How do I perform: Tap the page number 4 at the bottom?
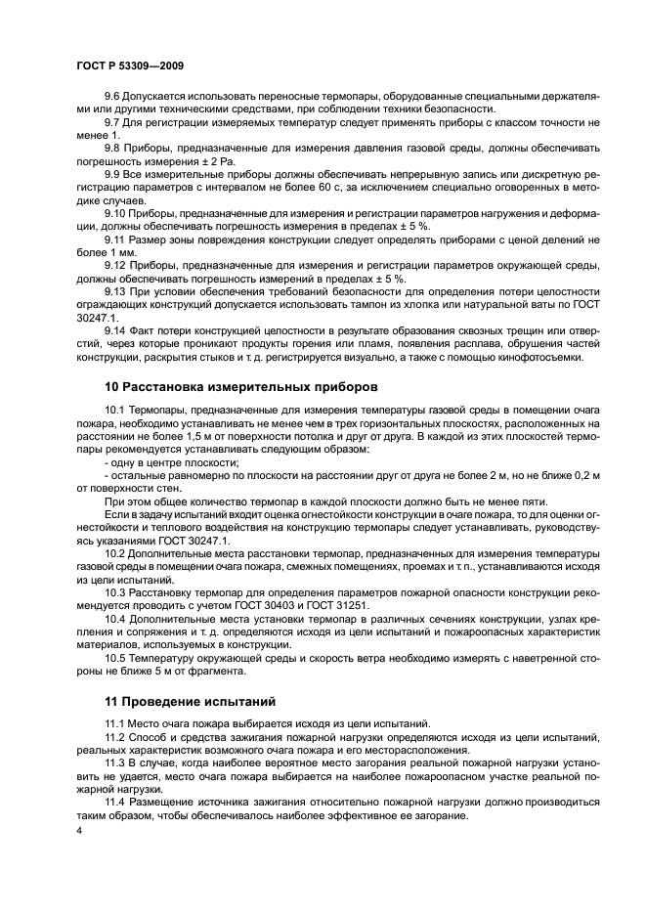coord(79,830)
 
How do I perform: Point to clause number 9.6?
coord(112,97)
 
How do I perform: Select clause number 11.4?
coord(115,801)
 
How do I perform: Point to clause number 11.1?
coord(115,723)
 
